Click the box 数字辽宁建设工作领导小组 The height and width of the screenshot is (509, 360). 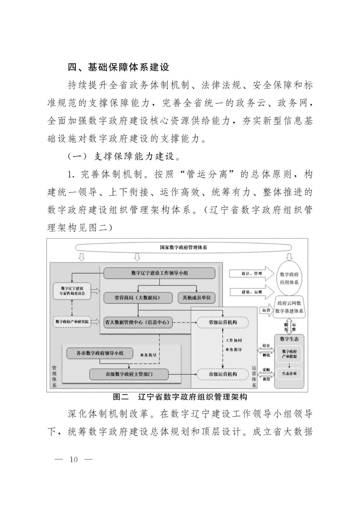pos(159,273)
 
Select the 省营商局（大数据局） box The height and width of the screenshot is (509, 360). pos(137,298)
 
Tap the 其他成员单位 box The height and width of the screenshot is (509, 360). pos(196,298)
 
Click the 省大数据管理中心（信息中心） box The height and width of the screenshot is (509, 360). pos(137,322)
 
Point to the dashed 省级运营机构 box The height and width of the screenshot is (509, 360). pos(222,322)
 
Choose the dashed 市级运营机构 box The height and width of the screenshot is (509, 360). pos(222,374)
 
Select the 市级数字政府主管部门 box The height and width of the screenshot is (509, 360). pos(129,374)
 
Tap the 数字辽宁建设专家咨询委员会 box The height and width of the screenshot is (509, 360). pos(72,291)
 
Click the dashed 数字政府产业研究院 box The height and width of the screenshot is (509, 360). pos(72,322)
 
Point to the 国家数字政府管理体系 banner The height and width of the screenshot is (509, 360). pos(183,247)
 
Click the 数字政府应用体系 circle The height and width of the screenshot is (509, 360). pos(289,278)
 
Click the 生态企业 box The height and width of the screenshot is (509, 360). pos(289,373)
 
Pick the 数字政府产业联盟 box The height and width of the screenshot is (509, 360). pos(289,354)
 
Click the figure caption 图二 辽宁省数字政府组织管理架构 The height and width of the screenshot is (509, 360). pos(180,397)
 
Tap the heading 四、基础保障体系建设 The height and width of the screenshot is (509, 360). pos(118,67)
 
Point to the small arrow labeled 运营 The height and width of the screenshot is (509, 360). pos(266,310)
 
